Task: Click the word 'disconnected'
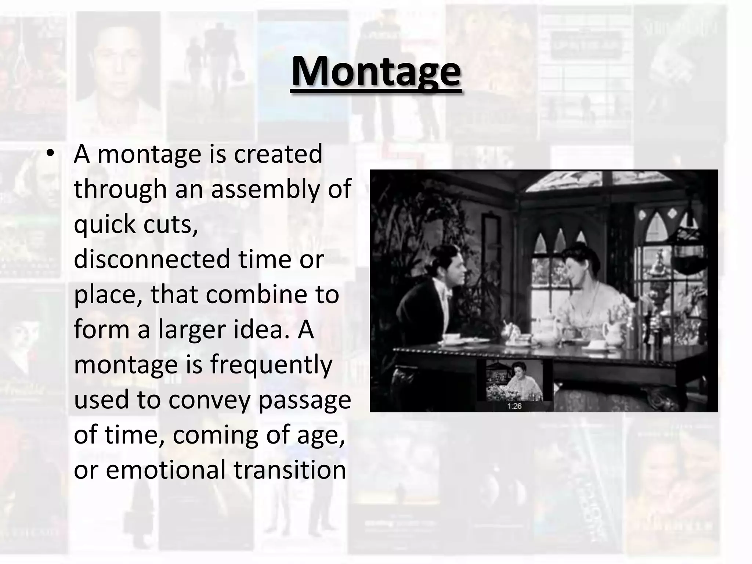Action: click(151, 260)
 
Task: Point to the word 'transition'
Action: click(290, 470)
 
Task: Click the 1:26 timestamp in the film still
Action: click(514, 406)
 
